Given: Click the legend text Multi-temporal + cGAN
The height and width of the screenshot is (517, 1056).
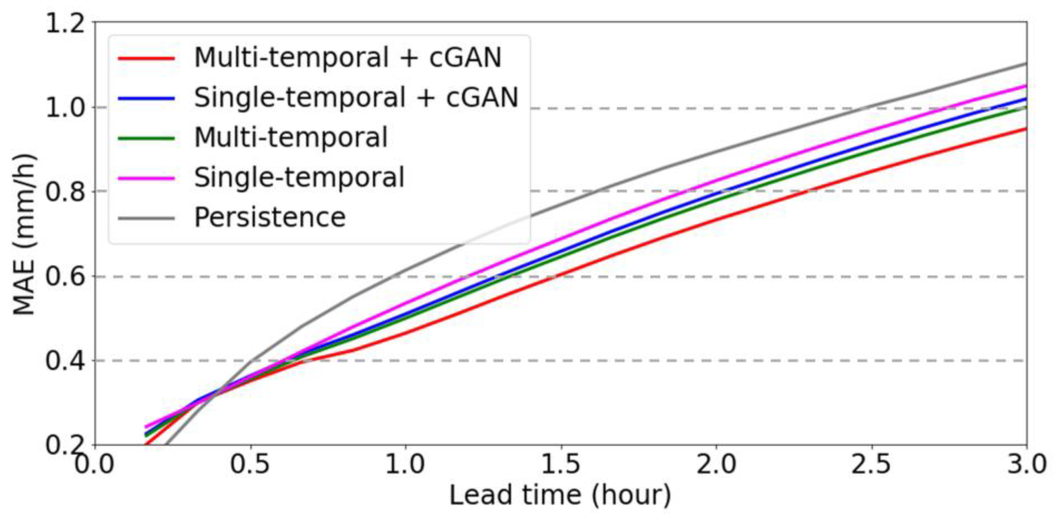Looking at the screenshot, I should pos(348,57).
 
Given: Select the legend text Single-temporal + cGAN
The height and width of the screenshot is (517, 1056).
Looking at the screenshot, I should pos(356,98).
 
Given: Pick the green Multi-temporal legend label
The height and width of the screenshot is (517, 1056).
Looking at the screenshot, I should pos(291,137).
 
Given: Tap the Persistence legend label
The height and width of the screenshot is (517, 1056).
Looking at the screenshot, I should pos(270,217).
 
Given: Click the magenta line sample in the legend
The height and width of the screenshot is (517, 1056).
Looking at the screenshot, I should pos(147,178).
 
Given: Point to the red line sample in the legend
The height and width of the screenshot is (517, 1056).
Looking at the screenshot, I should pos(147,58).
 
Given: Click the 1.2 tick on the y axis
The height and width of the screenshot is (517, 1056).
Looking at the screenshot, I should pos(65,23).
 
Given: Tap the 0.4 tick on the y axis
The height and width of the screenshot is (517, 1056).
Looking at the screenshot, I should pos(65,361).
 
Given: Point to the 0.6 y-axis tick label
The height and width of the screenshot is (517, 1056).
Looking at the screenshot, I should pos(65,276).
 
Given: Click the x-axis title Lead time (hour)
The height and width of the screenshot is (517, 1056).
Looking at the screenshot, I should pos(560,495).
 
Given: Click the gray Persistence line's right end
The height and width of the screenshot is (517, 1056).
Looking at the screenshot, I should pos(1025,64).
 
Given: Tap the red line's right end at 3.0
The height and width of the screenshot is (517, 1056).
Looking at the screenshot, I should pos(1025,129).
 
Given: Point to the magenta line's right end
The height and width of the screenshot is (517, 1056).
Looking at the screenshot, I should pos(1025,86).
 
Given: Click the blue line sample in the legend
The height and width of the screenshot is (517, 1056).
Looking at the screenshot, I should pos(147,98).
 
